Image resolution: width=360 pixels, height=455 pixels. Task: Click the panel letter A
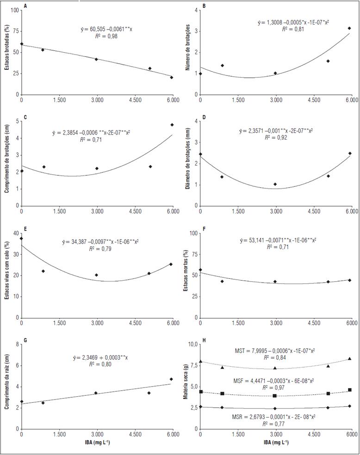point(25,6)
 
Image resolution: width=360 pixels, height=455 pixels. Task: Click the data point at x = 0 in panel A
point(22,44)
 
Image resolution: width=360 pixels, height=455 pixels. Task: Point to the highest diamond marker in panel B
point(349,28)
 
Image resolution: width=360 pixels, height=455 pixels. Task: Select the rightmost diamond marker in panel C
point(172,125)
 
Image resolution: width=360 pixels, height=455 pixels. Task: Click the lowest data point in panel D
point(275,184)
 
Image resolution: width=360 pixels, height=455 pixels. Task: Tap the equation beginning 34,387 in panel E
point(100,241)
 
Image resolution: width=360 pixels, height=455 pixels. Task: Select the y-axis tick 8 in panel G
point(17,344)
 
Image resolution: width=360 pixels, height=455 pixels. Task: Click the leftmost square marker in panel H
point(201,392)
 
